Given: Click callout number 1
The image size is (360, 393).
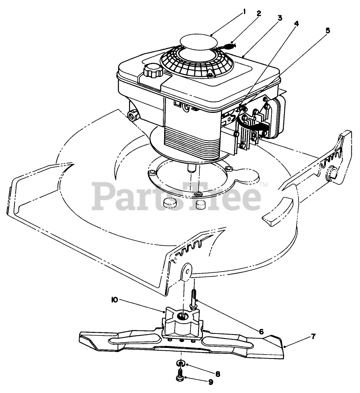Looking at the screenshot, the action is [x=244, y=12].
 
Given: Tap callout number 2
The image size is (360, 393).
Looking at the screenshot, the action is [x=259, y=13].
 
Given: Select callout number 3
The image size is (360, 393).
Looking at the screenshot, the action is [x=280, y=18].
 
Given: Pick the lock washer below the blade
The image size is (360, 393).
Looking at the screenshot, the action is [x=181, y=362].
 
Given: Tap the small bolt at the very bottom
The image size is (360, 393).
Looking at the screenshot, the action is [x=181, y=376].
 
